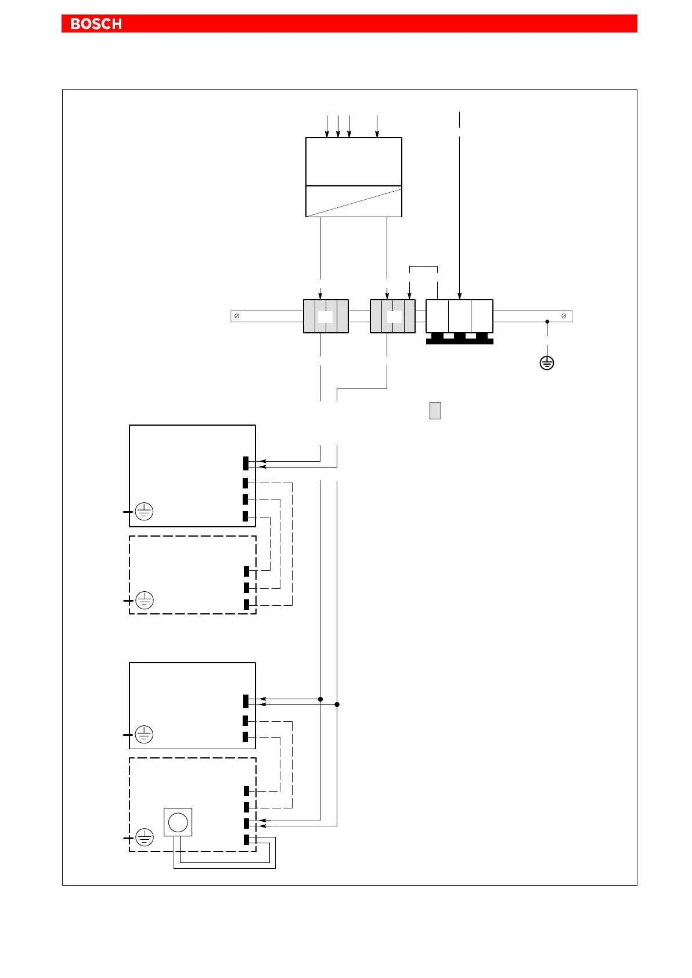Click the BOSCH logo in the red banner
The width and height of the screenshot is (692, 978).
96,24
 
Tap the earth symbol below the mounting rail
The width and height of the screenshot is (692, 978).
546,364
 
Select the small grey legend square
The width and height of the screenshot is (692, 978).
435,411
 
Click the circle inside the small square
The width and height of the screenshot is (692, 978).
178,822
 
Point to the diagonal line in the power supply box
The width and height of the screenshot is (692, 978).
354,202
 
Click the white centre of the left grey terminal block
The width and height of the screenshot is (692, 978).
326,317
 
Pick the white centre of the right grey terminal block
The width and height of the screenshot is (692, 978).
394,317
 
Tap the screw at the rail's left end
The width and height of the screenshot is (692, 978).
237,316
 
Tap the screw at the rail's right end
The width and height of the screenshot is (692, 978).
564,316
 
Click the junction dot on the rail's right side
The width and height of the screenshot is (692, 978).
547,321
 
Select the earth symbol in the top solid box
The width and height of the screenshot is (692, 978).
144,512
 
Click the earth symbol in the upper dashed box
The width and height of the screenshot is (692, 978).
144,600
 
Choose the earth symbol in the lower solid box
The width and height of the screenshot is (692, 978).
144,735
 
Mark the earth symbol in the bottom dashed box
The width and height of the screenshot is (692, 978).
144,838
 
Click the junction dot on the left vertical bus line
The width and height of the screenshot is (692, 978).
320,699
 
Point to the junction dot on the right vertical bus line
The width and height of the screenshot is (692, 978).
337,704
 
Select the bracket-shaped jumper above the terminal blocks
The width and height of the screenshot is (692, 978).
423,267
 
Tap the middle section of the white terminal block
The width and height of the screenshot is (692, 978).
459,316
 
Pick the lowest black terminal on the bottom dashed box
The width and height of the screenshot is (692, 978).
246,839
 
